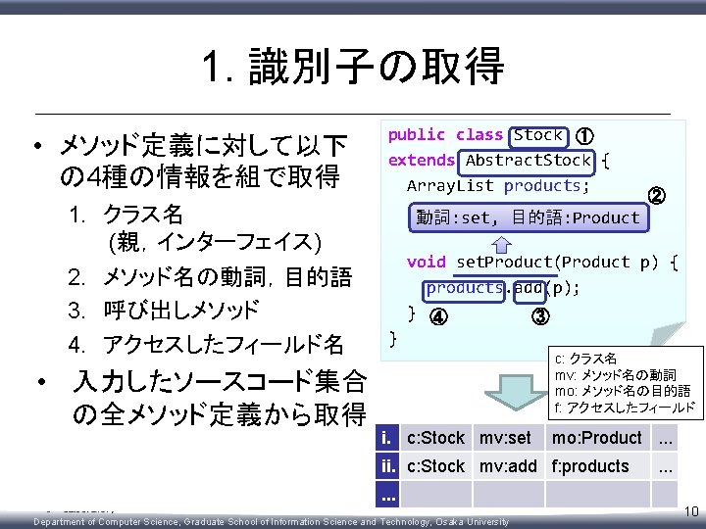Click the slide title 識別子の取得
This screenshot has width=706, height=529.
tap(353, 66)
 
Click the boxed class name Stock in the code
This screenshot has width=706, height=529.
tap(537, 135)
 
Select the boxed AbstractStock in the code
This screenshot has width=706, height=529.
tap(528, 160)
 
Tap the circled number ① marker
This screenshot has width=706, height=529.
tap(583, 136)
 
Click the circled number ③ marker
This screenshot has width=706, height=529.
tap(540, 315)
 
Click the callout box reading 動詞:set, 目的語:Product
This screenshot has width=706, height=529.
tap(527, 217)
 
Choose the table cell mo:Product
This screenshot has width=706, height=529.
tap(596, 438)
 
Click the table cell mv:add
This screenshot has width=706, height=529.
tap(507, 466)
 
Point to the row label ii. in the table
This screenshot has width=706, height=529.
tap(390, 466)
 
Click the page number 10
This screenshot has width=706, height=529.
tap(688, 510)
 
